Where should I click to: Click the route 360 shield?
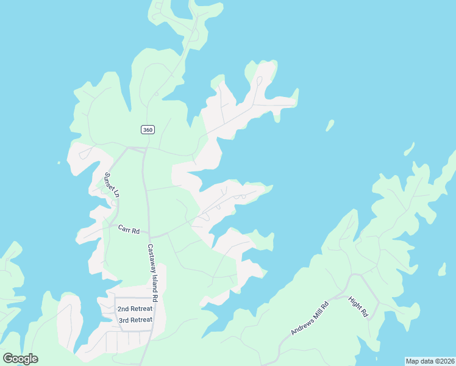click(x=148, y=129)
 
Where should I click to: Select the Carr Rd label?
click(x=129, y=229)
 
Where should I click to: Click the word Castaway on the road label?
click(x=151, y=257)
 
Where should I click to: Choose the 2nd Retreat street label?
click(x=135, y=309)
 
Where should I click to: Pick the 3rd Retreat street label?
click(x=135, y=320)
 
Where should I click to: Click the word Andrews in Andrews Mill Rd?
click(x=302, y=324)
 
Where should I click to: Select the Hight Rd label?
click(x=358, y=306)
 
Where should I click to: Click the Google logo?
click(x=20, y=359)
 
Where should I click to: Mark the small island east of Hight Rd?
click(x=442, y=270)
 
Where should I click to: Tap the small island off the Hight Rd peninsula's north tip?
click(x=409, y=149)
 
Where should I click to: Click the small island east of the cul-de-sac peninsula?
click(x=330, y=125)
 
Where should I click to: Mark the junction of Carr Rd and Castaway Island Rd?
click(x=150, y=236)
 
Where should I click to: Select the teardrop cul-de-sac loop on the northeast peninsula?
click(x=259, y=81)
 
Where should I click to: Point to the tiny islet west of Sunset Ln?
click(x=59, y=163)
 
